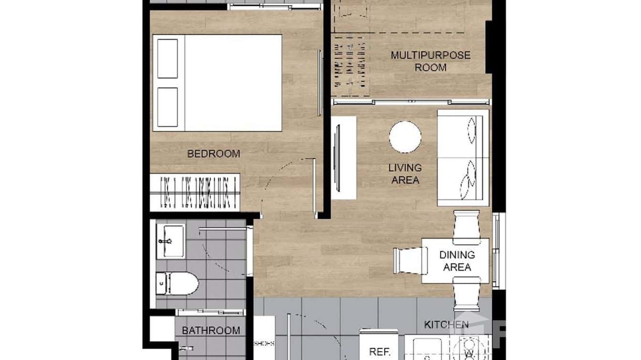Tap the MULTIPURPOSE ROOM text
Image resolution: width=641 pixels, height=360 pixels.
coord(430,61)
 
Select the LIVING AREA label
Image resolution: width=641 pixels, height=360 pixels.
coord(405,174)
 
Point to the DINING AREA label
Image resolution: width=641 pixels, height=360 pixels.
coord(457,261)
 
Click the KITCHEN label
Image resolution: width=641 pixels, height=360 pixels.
coord(446,325)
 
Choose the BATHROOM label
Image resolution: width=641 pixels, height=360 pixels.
coord(211,330)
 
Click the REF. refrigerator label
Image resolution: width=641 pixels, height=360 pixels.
coord(380,352)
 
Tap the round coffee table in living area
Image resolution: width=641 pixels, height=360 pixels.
coord(405,137)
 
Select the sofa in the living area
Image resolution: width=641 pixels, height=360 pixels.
coord(463,158)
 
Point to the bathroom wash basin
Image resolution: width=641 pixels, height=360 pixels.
coord(171,241)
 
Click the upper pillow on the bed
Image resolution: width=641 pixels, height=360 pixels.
coord(168,59)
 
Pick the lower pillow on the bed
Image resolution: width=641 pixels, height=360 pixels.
coord(168,107)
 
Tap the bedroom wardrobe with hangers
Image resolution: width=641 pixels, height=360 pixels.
coord(195,192)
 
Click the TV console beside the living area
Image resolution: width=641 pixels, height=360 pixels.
coord(344,158)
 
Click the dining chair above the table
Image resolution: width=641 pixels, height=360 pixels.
coord(466,223)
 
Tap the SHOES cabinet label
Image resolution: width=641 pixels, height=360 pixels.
coord(264,343)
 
